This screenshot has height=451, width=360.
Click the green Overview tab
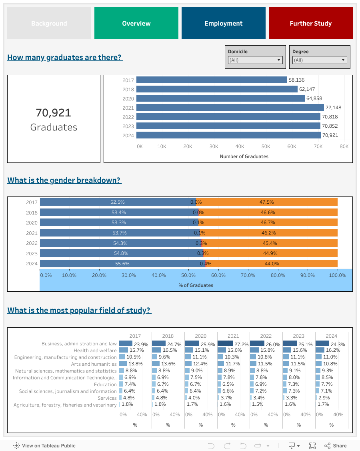(x=136, y=23)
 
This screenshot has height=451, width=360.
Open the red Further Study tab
(x=310, y=23)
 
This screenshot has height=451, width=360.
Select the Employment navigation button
(x=223, y=23)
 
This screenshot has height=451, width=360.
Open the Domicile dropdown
(x=255, y=60)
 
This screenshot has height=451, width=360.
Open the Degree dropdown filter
(x=319, y=60)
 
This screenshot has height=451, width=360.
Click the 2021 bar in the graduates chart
(x=230, y=108)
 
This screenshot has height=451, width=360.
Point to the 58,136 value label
(x=296, y=80)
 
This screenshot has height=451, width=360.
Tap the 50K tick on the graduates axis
(x=266, y=146)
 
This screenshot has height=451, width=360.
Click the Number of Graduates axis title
(x=244, y=156)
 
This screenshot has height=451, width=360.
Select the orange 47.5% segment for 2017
(x=267, y=202)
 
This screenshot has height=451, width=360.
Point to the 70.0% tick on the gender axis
(x=248, y=275)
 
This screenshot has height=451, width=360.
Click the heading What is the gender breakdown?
(x=64, y=180)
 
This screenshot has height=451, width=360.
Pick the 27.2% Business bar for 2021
(x=225, y=343)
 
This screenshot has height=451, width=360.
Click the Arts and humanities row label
(x=94, y=364)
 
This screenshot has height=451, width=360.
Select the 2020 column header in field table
(x=200, y=336)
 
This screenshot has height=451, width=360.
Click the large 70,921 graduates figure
(x=54, y=113)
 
